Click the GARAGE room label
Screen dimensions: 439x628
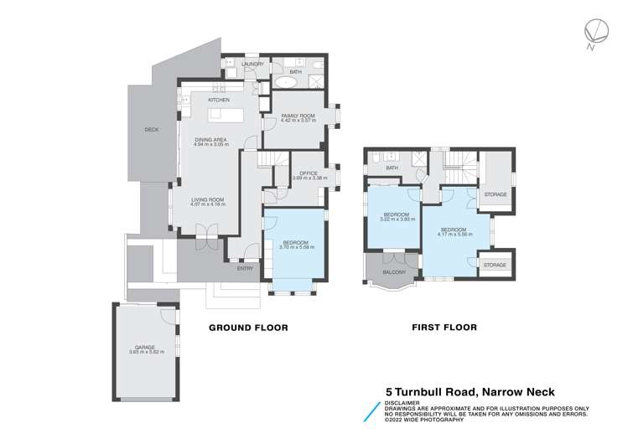[x=146, y=347]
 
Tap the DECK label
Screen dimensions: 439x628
[x=151, y=130]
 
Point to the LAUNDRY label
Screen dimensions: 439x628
[x=252, y=65]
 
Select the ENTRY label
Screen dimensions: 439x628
[x=245, y=268]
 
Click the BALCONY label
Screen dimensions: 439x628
[x=394, y=272]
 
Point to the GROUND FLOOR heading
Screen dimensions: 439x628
[x=248, y=328]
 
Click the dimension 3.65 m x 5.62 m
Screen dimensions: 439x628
[x=146, y=352]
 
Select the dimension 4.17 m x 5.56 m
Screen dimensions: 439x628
[x=454, y=235]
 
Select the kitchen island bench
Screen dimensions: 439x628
[x=219, y=112]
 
